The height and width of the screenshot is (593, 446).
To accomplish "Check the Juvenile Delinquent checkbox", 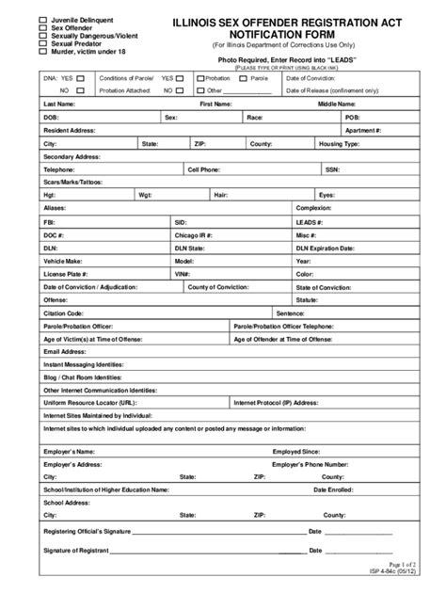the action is coord(42,19).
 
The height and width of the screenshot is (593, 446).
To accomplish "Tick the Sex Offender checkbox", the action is coord(42,28).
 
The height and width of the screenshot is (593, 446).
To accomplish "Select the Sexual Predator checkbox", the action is coord(42,43).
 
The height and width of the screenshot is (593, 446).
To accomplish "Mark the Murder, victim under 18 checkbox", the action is coord(42,52).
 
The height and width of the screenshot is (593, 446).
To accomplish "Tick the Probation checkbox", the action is coord(200,78).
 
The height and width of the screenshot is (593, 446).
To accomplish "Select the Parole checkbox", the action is coord(245,78).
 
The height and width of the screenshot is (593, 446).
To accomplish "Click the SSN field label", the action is coord(332,170).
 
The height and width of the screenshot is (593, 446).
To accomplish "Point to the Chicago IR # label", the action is coord(194,233).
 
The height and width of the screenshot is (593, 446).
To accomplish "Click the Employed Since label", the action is coord(298,452).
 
